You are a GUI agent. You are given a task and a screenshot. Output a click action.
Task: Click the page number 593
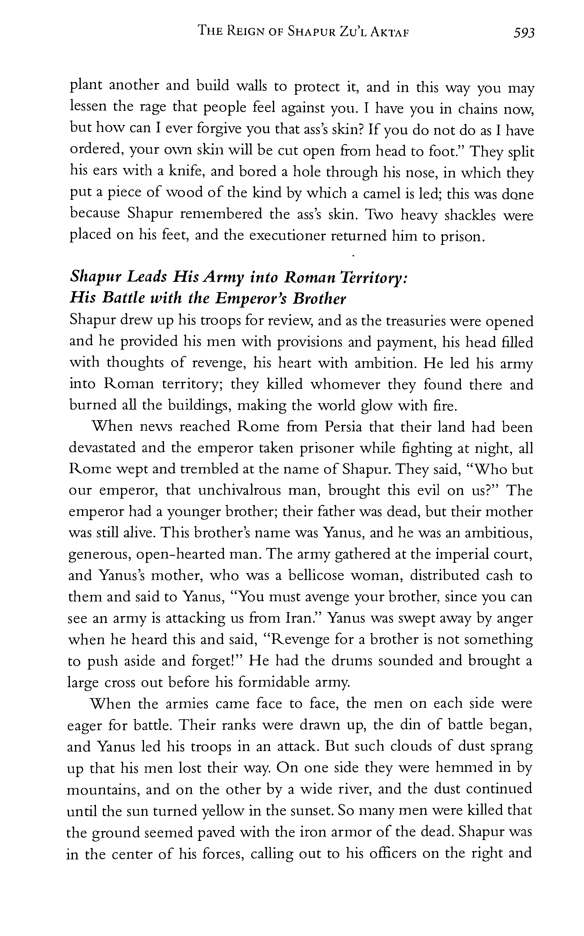pos(524,33)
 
